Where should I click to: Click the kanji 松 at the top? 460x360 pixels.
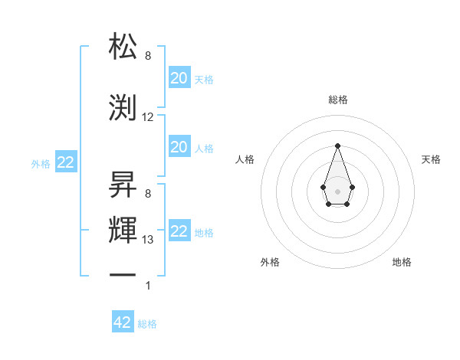tap(123, 47)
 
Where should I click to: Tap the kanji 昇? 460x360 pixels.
tap(123, 184)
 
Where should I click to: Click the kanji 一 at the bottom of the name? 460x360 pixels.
tap(123, 274)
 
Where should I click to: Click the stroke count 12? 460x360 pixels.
tap(148, 117)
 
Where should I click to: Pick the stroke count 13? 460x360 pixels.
tap(148, 240)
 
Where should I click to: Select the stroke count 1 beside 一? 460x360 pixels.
tap(148, 286)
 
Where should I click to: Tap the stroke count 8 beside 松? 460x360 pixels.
tap(148, 56)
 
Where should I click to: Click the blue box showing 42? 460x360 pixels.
tap(123, 322)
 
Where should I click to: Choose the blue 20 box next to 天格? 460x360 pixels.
tap(179, 77)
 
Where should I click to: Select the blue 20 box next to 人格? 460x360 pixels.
tap(179, 146)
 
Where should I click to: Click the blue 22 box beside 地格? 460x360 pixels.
tap(179, 231)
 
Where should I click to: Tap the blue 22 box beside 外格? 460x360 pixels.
tap(65, 163)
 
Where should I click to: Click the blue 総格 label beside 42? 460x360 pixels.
tap(147, 324)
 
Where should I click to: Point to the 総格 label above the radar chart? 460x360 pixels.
tap(337, 100)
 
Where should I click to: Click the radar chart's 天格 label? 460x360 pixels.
tap(432, 159)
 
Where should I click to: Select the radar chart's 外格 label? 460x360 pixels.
tap(270, 262)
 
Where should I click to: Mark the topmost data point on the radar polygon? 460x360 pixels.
tap(337, 145)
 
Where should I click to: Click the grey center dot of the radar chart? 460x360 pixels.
tap(337, 190)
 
